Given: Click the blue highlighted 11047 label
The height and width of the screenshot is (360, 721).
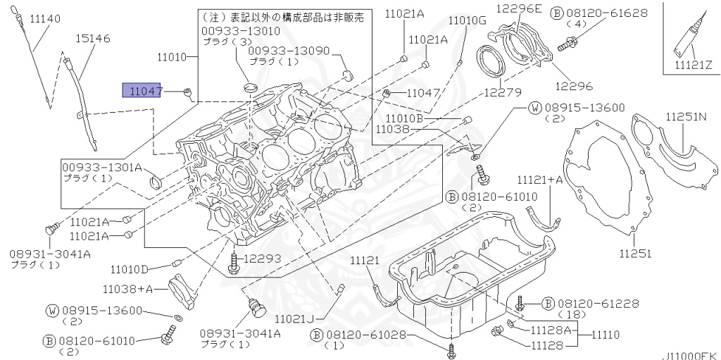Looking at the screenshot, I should coord(142,91).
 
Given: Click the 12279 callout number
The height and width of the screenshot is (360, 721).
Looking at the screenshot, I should coord(502,92).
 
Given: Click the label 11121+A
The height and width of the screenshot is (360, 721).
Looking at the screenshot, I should coord(541,180).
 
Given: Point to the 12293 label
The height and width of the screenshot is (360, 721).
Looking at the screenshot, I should coord(263,259).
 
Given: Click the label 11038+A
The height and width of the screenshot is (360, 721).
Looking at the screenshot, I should coord(127,288).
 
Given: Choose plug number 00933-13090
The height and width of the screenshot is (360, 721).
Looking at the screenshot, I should coord(289,51).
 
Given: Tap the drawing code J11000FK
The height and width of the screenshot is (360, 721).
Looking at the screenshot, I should coord(688,356).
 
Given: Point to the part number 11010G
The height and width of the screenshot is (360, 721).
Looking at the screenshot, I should coord(467,20).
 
